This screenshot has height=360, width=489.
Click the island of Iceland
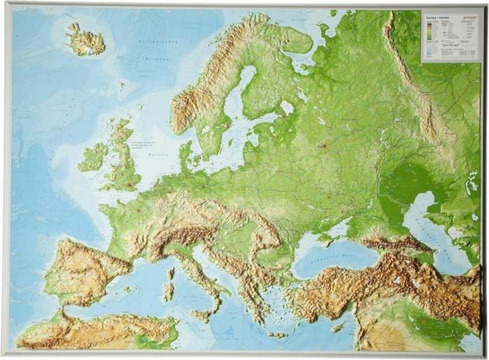[86, 41]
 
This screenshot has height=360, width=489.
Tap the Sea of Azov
[353, 221]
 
